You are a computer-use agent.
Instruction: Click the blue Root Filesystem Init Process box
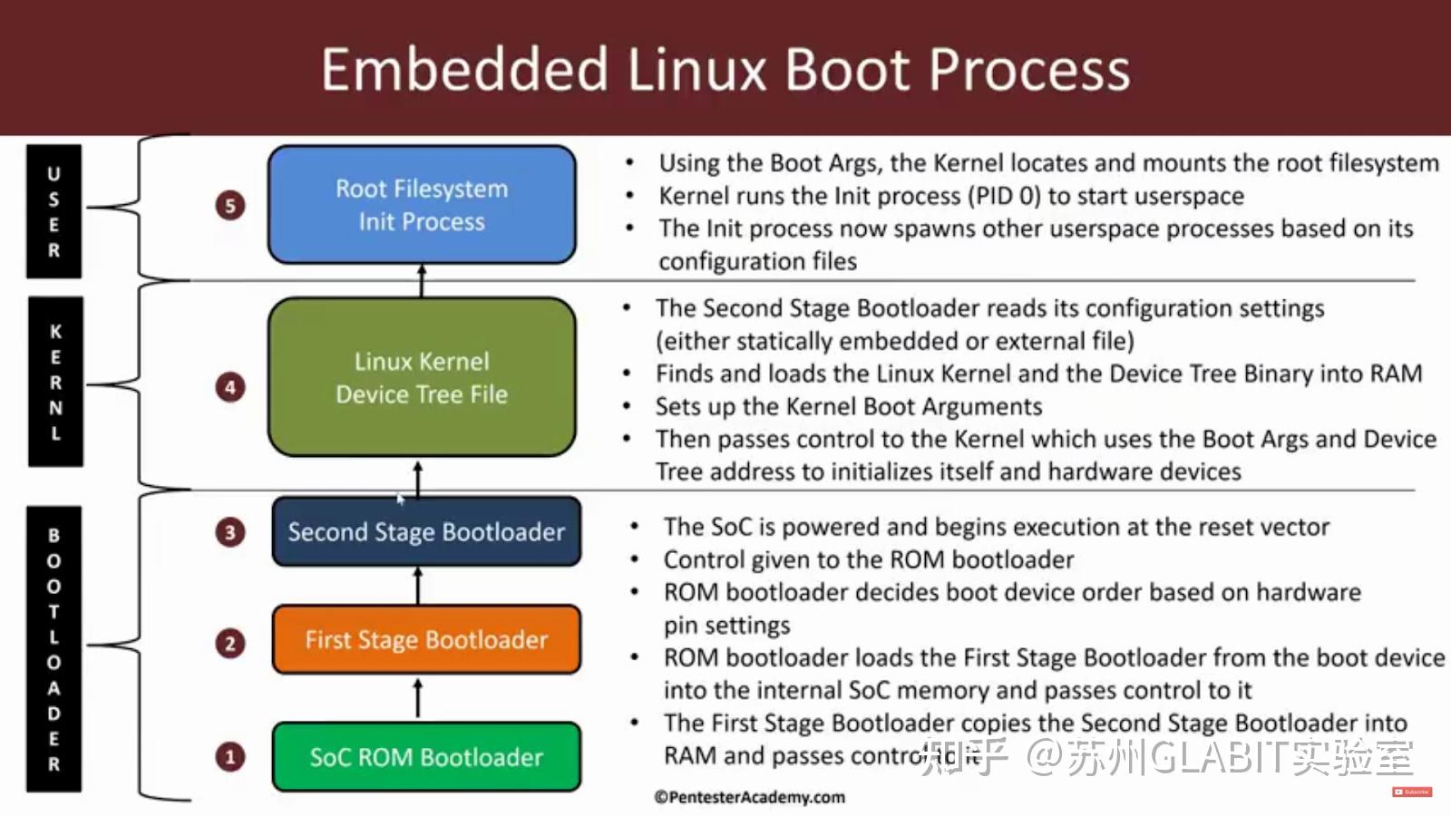pyautogui.click(x=422, y=205)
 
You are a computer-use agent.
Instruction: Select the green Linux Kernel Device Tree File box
pyautogui.click(x=422, y=377)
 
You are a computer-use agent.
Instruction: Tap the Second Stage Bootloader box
pyautogui.click(x=426, y=531)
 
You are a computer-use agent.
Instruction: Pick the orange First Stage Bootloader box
pyautogui.click(x=426, y=640)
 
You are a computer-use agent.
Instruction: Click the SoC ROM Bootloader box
pyautogui.click(x=426, y=757)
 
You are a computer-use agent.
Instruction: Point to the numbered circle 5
pyautogui.click(x=230, y=205)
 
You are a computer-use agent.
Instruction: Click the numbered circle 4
pyautogui.click(x=230, y=388)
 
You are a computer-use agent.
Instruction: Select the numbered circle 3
pyautogui.click(x=230, y=532)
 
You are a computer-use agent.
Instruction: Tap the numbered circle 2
pyautogui.click(x=230, y=644)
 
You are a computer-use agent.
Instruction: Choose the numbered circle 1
pyautogui.click(x=230, y=757)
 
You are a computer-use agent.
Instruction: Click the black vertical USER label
pyautogui.click(x=54, y=211)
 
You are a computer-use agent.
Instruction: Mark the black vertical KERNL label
pyautogui.click(x=55, y=382)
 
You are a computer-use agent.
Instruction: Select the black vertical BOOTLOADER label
pyautogui.click(x=54, y=649)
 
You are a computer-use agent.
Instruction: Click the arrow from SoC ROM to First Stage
pyautogui.click(x=418, y=698)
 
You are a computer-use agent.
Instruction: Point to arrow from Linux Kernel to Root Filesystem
pyautogui.click(x=422, y=280)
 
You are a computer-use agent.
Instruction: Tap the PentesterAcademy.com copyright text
pyautogui.click(x=749, y=797)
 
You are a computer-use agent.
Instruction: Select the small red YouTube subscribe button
pyautogui.click(x=1411, y=792)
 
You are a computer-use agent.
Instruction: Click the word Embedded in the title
pyautogui.click(x=464, y=70)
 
